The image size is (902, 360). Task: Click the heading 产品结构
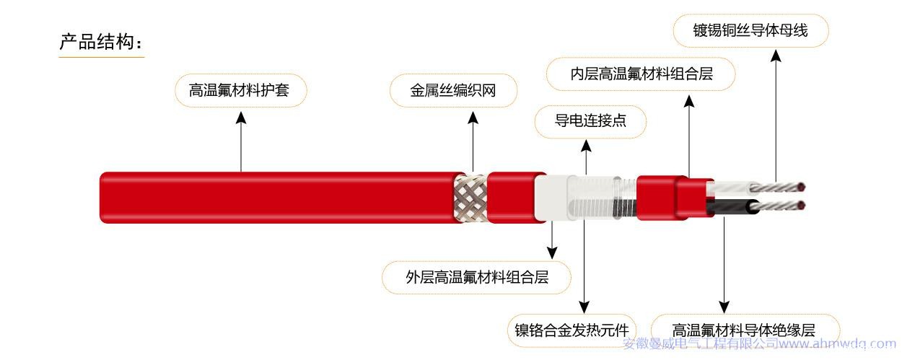100,42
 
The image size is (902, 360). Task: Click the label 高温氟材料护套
241,91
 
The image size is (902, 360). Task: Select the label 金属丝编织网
453,91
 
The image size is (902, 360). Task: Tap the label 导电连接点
590,121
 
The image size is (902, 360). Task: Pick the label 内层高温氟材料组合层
641,74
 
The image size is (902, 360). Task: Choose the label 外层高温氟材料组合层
476,277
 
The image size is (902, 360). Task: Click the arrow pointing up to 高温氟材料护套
241,141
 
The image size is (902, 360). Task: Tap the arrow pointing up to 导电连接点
586,155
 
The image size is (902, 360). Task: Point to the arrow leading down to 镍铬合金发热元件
583,267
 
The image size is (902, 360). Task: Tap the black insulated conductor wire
729,207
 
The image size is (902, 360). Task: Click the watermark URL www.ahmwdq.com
837,344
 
